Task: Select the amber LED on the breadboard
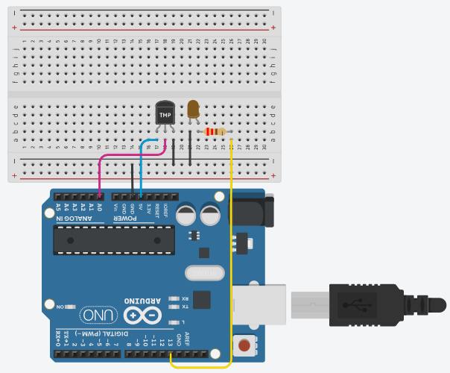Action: tap(193, 110)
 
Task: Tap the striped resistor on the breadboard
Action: tap(215, 132)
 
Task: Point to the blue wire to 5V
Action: tap(141, 172)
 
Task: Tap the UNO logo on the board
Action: tap(97, 314)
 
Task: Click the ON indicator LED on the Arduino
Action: tap(63, 306)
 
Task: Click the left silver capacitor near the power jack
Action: tap(187, 214)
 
